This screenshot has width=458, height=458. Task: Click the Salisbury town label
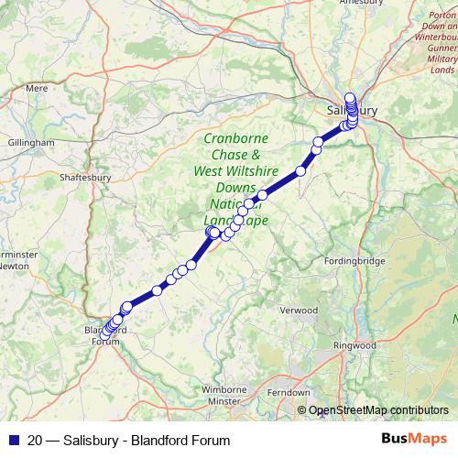pyautogui.click(x=351, y=111)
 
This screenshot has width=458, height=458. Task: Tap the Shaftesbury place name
pyautogui.click(x=84, y=178)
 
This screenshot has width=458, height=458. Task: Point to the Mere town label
pyautogui.click(x=37, y=88)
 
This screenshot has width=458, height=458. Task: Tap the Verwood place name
pyautogui.click(x=299, y=311)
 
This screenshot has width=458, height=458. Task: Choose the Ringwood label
pyautogui.click(x=354, y=345)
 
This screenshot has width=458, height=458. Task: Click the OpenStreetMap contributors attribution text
pyautogui.click(x=378, y=409)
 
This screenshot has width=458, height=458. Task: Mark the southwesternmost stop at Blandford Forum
pyautogui.click(x=105, y=334)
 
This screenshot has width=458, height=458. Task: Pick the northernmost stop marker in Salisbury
pyautogui.click(x=349, y=97)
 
